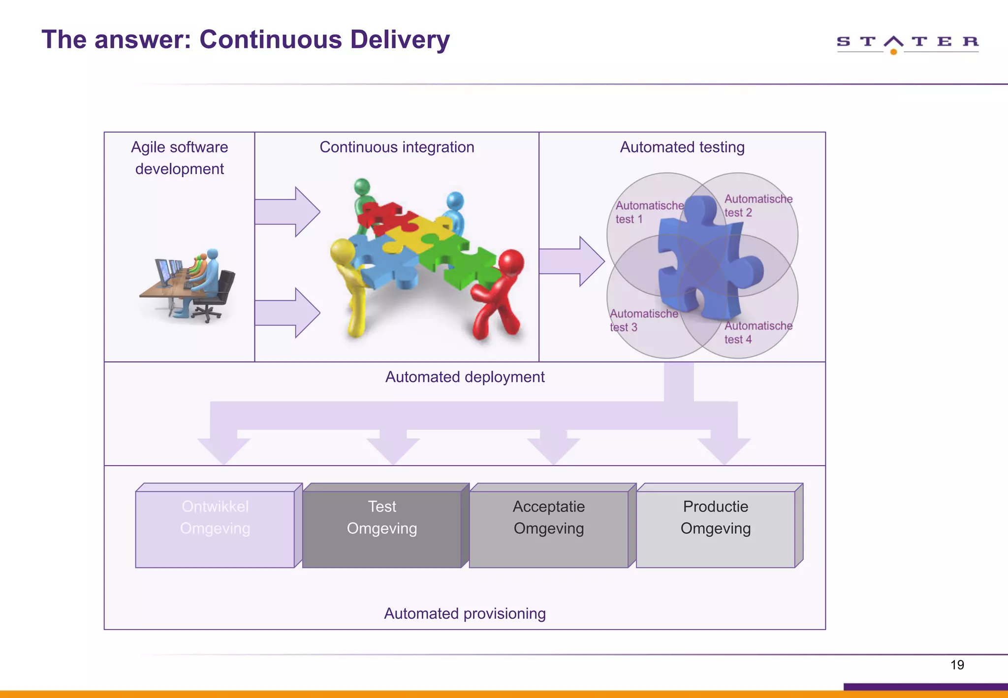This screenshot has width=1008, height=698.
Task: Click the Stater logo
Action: (907, 43)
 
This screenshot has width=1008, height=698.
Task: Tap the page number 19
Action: (957, 665)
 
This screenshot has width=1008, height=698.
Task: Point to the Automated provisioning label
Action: (465, 613)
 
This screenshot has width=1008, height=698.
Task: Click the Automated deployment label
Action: (465, 377)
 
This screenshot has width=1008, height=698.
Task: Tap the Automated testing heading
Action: (682, 147)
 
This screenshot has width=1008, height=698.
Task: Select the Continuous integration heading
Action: (397, 147)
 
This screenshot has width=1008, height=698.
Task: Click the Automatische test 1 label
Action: (649, 212)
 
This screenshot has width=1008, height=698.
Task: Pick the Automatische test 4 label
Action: (758, 332)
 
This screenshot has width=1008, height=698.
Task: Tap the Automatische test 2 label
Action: (758, 206)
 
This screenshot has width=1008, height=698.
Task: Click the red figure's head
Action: (512, 261)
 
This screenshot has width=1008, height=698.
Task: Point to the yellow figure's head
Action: (342, 250)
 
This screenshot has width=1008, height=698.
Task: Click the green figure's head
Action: (362, 187)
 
